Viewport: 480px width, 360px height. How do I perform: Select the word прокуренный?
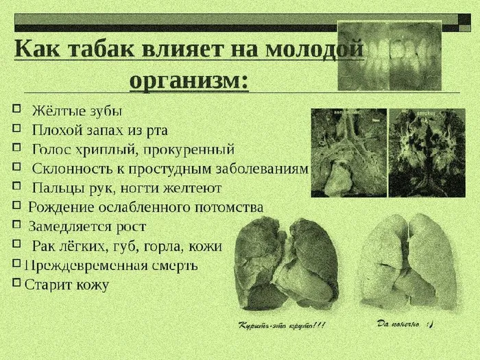point(199,149)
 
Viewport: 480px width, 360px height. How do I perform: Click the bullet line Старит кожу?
point(67,284)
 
